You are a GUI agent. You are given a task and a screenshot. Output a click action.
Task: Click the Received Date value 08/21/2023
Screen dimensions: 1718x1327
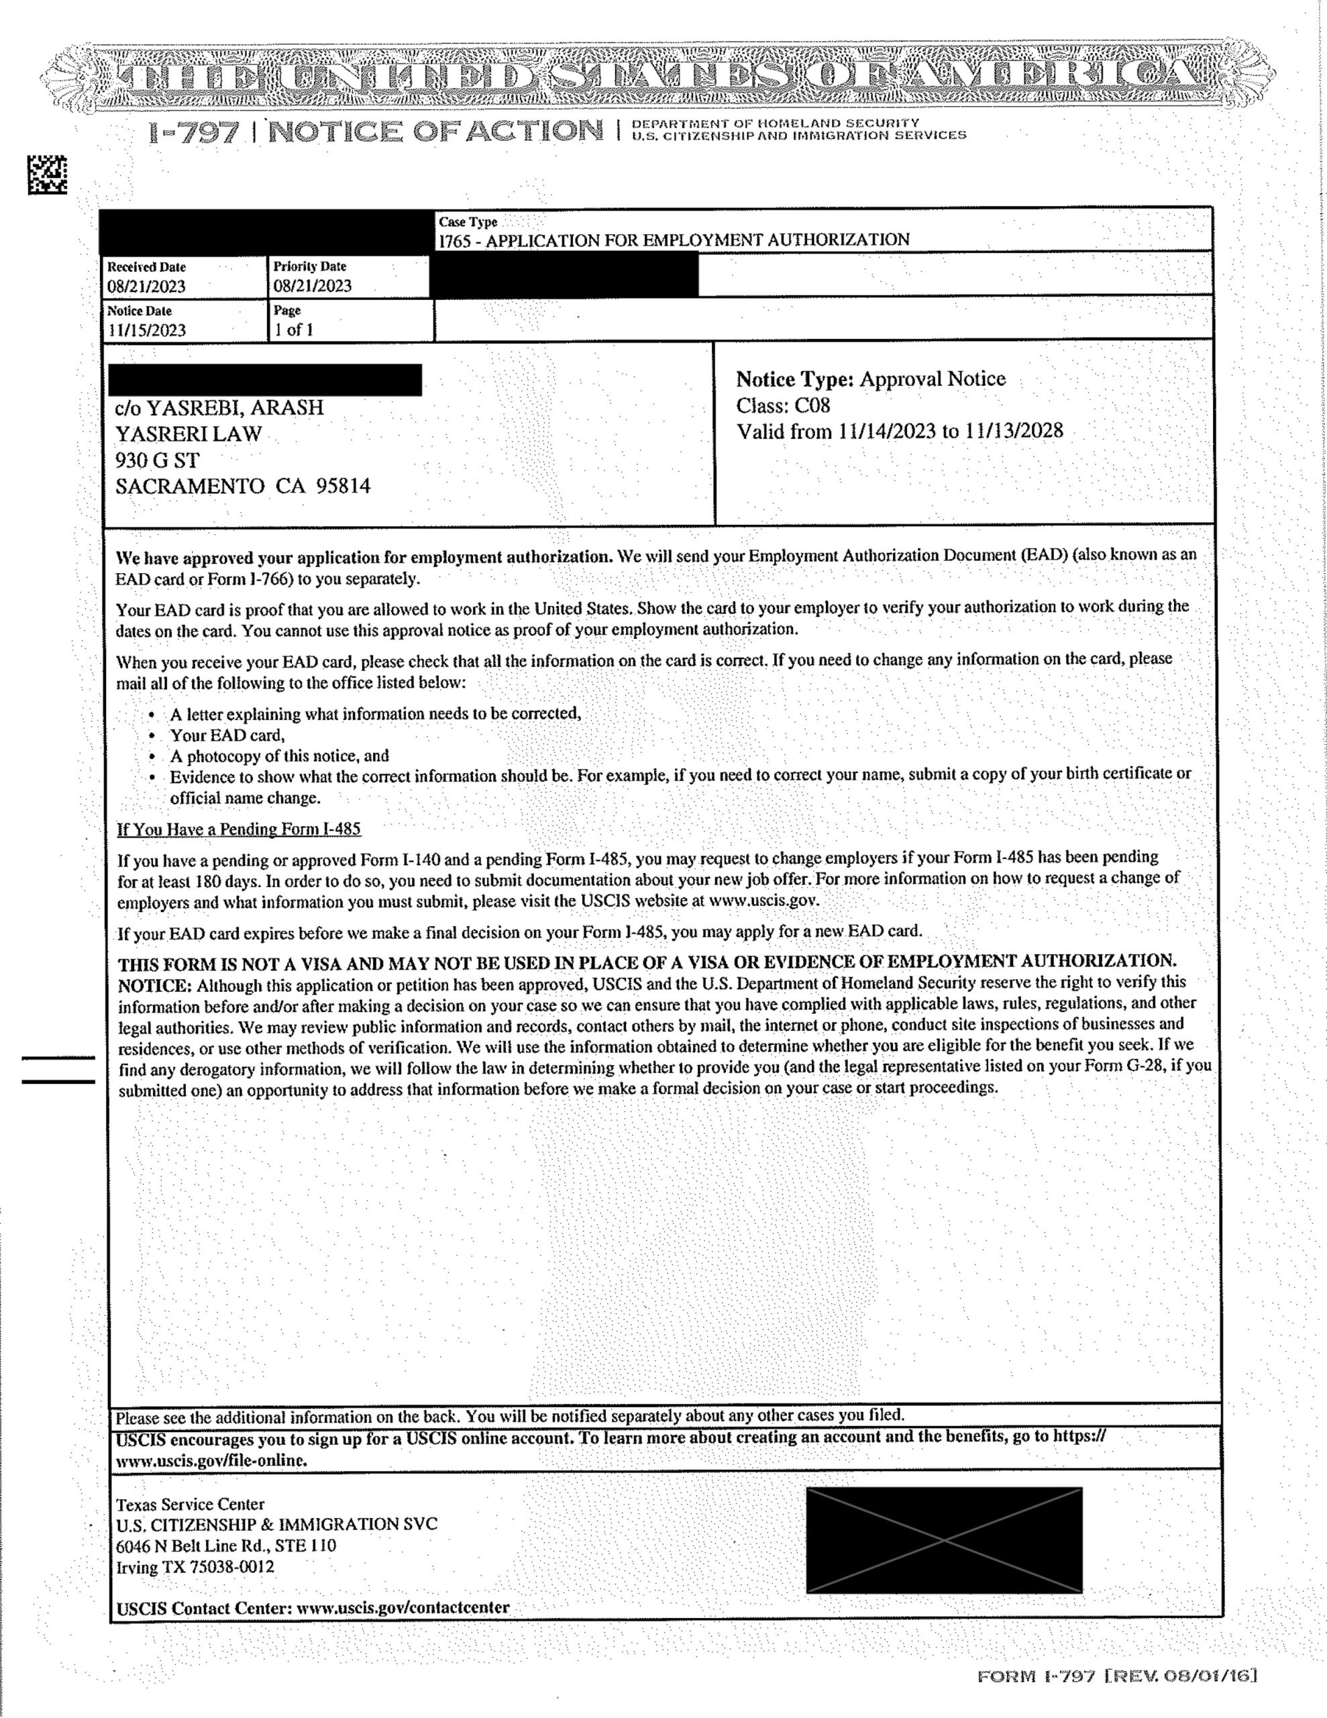tap(146, 287)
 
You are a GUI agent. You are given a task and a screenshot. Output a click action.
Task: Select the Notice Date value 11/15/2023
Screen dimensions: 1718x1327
tap(146, 330)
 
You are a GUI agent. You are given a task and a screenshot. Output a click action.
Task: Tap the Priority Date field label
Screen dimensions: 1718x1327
tap(310, 266)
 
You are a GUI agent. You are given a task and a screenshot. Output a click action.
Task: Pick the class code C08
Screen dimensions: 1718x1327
tap(812, 406)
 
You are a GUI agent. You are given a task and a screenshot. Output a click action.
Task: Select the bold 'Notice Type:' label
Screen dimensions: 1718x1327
tap(794, 379)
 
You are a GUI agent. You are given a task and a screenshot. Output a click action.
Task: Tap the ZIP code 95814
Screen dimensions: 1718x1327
tap(343, 486)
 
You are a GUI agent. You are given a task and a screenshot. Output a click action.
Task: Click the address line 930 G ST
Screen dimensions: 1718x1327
tap(157, 460)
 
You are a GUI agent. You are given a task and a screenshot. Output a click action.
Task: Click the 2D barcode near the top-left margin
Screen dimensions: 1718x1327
tap(47, 174)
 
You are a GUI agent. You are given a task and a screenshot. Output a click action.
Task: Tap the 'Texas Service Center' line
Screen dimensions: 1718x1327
tap(191, 1504)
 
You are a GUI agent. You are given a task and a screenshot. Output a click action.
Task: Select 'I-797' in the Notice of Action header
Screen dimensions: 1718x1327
tap(193, 133)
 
